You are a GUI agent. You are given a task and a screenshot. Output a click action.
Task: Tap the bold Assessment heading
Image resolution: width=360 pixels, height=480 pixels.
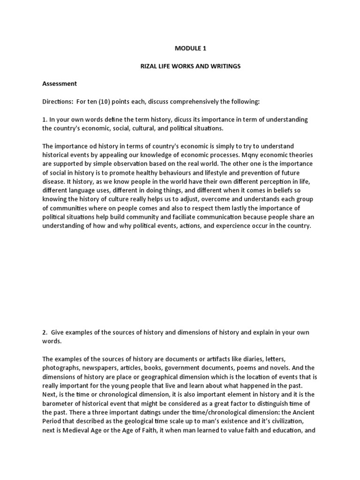click(x=60, y=84)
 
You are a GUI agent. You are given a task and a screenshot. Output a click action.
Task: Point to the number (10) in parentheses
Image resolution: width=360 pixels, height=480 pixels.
click(x=108, y=102)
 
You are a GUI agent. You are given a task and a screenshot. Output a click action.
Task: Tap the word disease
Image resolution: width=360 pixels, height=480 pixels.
click(x=54, y=181)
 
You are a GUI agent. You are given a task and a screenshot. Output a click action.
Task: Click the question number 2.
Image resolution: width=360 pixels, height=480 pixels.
click(x=45, y=332)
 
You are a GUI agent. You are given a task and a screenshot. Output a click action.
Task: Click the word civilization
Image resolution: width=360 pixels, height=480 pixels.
click(x=290, y=421)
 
